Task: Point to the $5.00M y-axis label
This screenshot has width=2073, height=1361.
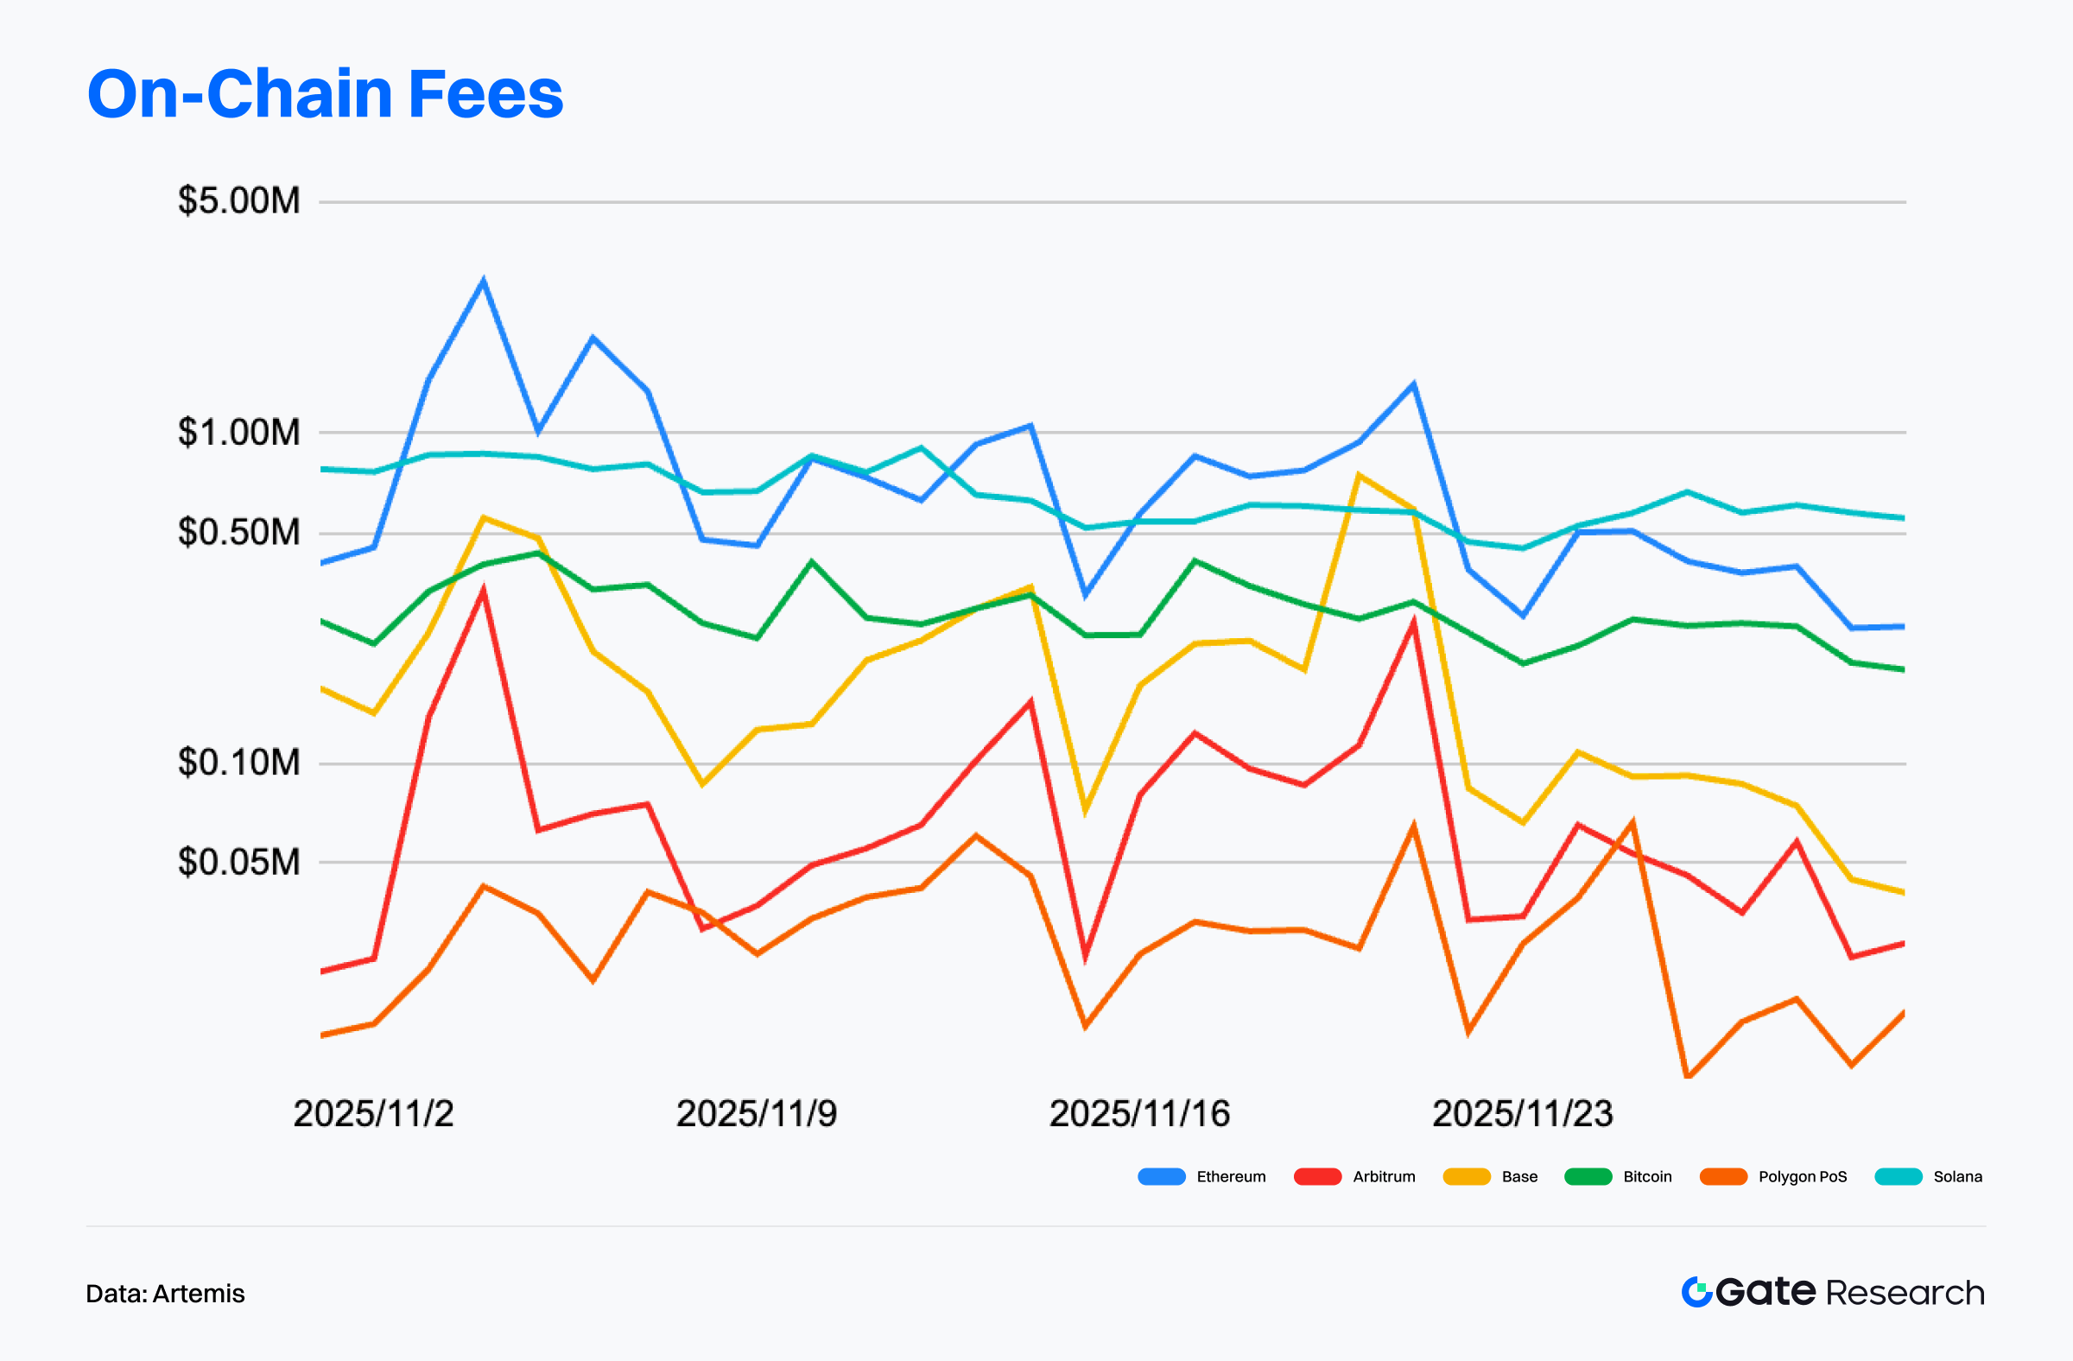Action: [238, 201]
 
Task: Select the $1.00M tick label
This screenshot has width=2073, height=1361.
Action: [238, 432]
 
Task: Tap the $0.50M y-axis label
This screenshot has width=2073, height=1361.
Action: [238, 532]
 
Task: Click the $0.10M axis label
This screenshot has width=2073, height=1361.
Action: [238, 763]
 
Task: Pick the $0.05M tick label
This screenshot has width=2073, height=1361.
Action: [238, 862]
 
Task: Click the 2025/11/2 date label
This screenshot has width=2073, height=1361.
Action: [374, 1114]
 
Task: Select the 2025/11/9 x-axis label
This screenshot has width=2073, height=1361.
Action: [756, 1114]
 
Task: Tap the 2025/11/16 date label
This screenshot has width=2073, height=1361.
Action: [1139, 1114]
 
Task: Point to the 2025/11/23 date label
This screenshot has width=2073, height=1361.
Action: [1523, 1114]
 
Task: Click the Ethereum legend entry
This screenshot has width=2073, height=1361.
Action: [1202, 1177]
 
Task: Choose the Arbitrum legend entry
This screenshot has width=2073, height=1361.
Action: [1355, 1177]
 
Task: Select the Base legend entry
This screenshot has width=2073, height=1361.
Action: [1491, 1177]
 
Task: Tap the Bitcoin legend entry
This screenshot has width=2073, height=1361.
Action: [1619, 1177]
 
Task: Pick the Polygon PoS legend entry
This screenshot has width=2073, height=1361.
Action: [1773, 1177]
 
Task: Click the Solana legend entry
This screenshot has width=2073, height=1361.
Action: [1929, 1177]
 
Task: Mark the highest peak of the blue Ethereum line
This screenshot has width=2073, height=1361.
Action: [484, 282]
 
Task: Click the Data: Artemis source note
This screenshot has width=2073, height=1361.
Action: [166, 1294]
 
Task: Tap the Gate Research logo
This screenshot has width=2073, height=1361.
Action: [1833, 1292]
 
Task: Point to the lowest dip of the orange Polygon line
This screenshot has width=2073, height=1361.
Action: [1687, 1076]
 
